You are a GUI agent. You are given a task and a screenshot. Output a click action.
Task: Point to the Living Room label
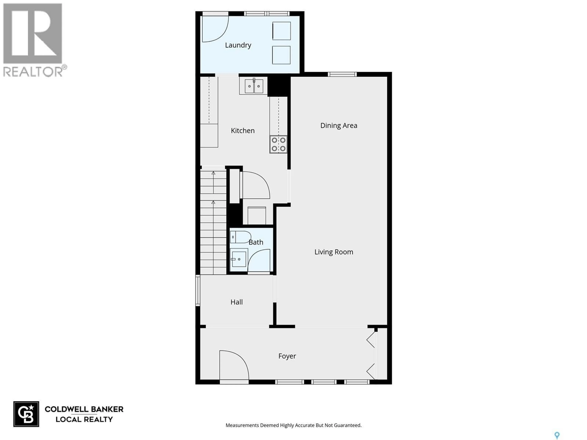(x=334, y=252)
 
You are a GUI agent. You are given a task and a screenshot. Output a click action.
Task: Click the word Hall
(x=236, y=302)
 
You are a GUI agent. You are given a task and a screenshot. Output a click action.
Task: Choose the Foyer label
(x=287, y=356)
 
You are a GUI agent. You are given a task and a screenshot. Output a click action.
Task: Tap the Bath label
(x=256, y=242)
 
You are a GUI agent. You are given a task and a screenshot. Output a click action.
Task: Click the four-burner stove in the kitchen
(x=278, y=144)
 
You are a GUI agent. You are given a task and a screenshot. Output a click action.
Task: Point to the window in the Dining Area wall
(x=342, y=74)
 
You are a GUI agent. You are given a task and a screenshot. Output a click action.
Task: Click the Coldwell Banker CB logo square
(x=26, y=414)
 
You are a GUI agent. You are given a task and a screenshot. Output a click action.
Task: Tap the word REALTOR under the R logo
(x=33, y=72)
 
